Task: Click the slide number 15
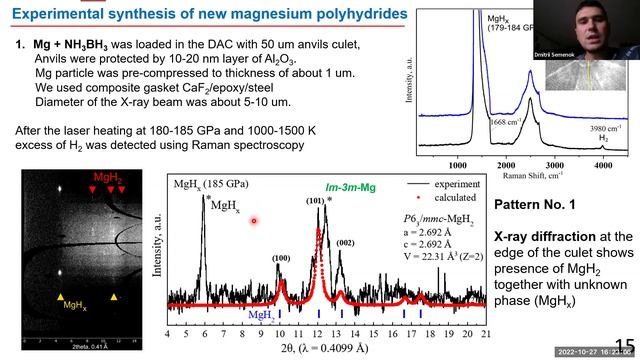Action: [x=624, y=343]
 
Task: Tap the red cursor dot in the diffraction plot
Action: [x=255, y=220]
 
